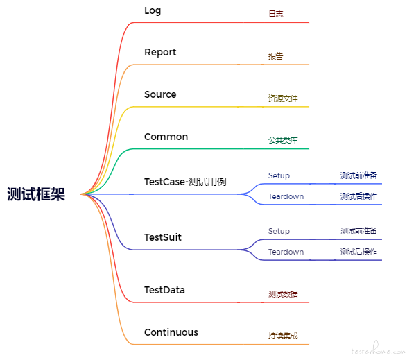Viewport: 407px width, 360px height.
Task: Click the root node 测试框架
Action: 36,194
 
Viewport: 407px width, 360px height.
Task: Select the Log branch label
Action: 153,11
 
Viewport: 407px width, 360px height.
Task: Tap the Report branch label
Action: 160,52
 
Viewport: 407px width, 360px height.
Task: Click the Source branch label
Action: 160,94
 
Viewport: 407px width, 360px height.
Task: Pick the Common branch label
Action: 166,137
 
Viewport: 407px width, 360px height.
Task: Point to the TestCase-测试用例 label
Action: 185,182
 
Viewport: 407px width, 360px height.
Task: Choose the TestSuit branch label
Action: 163,237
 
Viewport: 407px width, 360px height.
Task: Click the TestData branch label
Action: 164,290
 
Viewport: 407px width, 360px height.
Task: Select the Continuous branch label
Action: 171,332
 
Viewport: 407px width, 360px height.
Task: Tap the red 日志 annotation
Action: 276,14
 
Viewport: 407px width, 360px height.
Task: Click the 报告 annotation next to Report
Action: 276,56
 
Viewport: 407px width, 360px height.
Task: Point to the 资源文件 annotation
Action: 283,98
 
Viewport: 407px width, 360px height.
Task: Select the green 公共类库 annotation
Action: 283,141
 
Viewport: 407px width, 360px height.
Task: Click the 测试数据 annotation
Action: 283,294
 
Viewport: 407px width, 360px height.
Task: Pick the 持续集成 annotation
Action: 283,336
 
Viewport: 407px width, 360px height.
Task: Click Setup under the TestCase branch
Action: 279,176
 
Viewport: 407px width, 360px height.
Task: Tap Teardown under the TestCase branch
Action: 286,196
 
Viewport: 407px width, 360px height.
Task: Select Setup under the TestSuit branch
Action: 279,231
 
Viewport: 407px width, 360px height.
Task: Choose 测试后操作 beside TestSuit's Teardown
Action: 358,252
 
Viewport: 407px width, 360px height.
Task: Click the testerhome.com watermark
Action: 379,350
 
